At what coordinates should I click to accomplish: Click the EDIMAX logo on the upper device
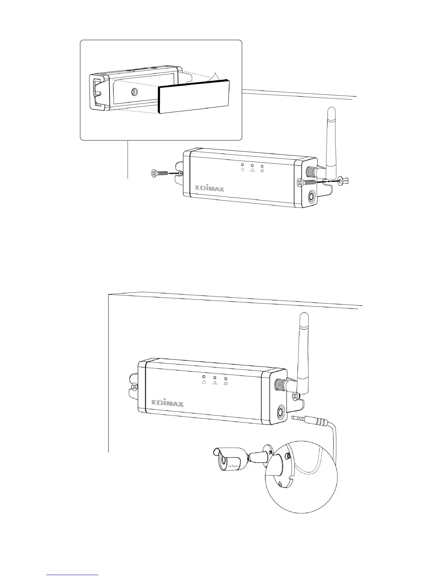coord(209,189)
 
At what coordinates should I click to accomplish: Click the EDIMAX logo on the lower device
coord(168,403)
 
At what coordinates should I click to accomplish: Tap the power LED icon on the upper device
coord(242,170)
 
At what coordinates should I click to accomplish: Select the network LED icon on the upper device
coord(252,170)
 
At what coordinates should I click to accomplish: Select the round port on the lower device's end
coord(282,412)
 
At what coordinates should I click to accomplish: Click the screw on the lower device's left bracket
coord(134,386)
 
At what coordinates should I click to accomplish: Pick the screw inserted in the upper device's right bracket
coord(306,182)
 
